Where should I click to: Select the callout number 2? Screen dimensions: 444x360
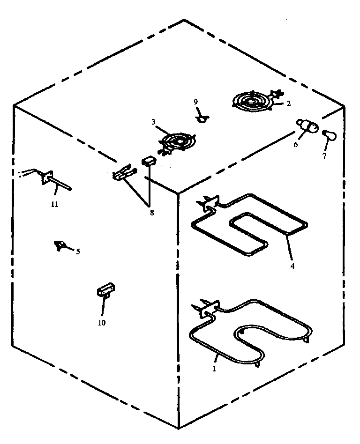(288, 104)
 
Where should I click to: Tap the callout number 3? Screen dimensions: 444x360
(153, 122)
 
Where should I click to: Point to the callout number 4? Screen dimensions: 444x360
(292, 266)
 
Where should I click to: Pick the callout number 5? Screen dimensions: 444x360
(78, 252)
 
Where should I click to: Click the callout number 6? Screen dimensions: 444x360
(296, 145)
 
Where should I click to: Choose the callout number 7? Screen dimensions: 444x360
(324, 156)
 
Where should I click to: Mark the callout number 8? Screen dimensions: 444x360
(151, 213)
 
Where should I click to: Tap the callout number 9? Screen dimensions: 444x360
(196, 102)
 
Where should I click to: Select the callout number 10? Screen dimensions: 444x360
(102, 322)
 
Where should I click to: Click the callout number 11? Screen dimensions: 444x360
(55, 204)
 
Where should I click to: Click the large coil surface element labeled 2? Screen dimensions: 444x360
(253, 101)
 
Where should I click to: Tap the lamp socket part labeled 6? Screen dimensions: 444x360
(307, 126)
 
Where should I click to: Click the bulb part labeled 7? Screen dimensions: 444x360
(330, 135)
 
